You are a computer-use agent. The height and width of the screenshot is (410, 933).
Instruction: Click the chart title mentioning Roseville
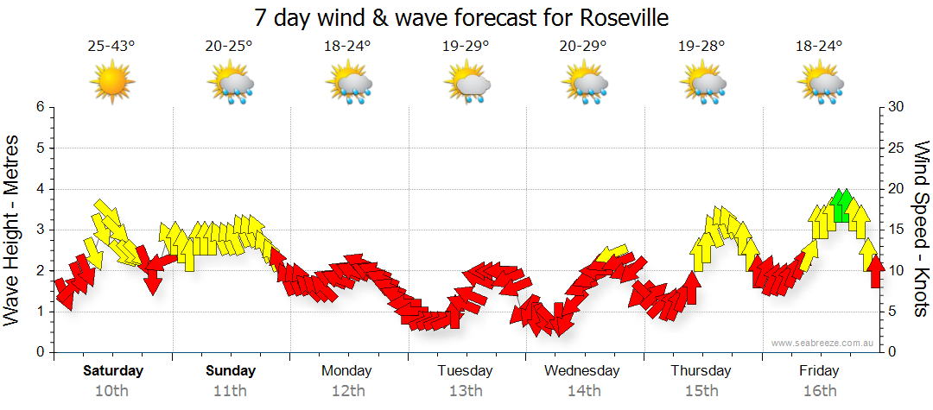pyautogui.click(x=461, y=17)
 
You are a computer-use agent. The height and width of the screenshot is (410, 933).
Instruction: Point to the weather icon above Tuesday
pyautogui.click(x=466, y=84)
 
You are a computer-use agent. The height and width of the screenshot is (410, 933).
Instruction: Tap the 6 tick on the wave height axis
pyautogui.click(x=39, y=107)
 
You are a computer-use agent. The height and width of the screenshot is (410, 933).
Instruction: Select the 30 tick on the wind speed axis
pyautogui.click(x=897, y=107)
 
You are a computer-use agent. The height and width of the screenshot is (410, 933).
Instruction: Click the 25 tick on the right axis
pyautogui.click(x=897, y=148)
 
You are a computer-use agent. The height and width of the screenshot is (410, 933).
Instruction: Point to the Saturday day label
pyautogui.click(x=112, y=371)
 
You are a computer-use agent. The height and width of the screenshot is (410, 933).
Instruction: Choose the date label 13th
pyautogui.click(x=466, y=391)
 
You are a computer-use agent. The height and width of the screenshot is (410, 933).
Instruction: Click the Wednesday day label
pyautogui.click(x=582, y=371)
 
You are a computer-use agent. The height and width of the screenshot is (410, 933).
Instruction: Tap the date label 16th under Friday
pyautogui.click(x=820, y=391)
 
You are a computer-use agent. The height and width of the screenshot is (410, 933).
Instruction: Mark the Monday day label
pyautogui.click(x=346, y=371)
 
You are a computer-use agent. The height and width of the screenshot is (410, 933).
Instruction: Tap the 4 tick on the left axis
pyautogui.click(x=39, y=189)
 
